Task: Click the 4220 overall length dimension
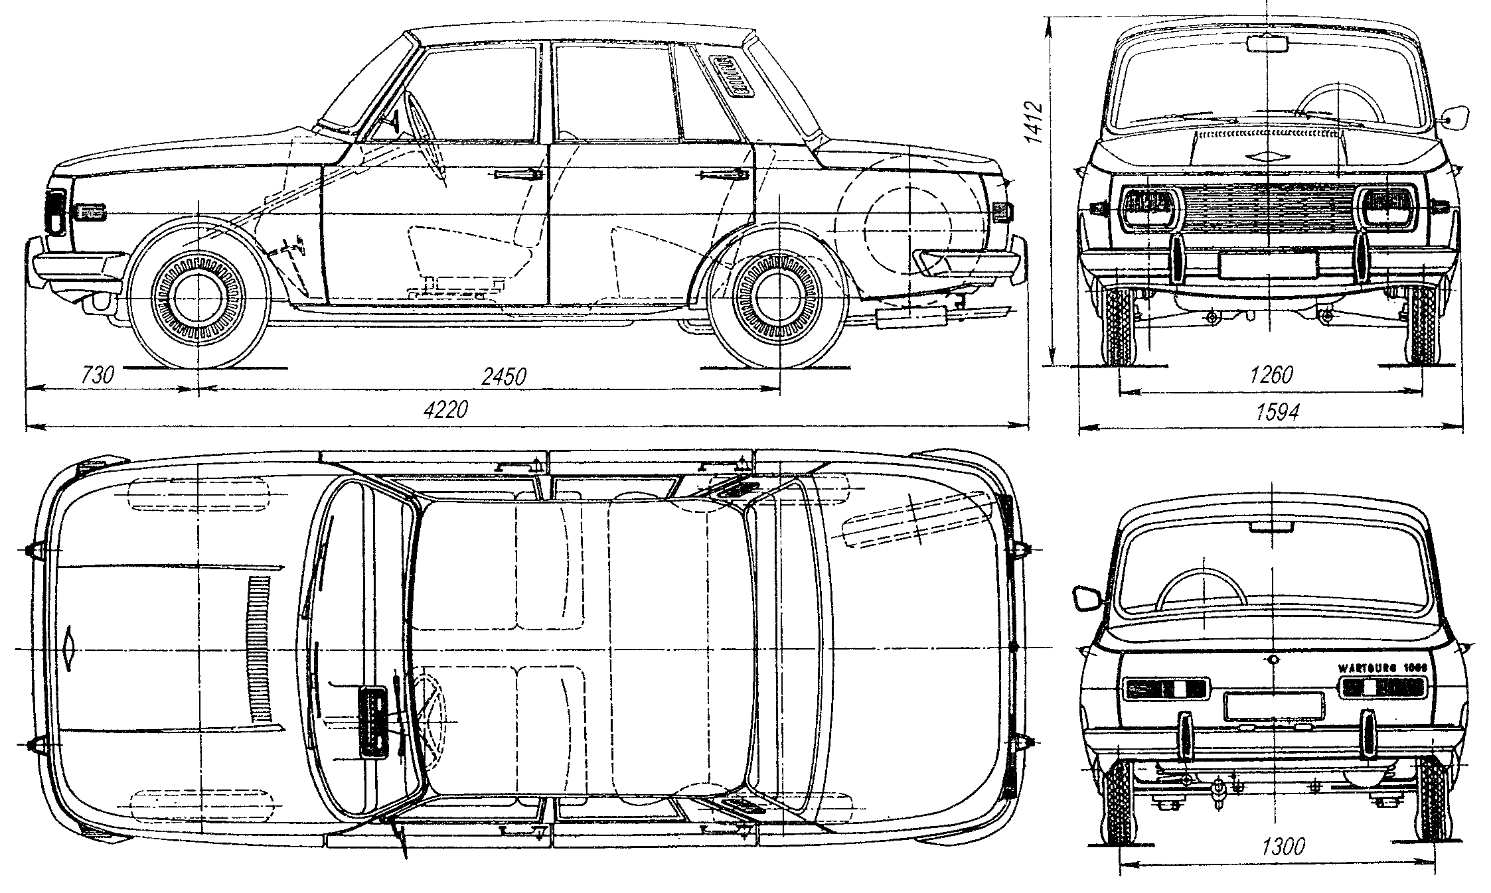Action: [446, 409]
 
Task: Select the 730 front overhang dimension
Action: [98, 375]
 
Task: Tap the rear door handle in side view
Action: [725, 175]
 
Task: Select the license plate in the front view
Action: [1267, 265]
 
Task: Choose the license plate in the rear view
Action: [1274, 707]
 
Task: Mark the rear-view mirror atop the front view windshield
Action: [1267, 44]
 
